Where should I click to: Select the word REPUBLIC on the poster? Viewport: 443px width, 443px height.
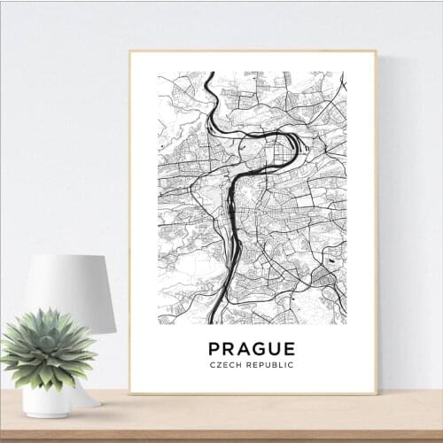pyautogui.click(x=270, y=365)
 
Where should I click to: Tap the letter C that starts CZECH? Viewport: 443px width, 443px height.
pyautogui.click(x=213, y=365)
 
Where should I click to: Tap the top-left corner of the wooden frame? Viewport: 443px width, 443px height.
pyautogui.click(x=129, y=51)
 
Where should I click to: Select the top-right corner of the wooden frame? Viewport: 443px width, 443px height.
pyautogui.click(x=377, y=51)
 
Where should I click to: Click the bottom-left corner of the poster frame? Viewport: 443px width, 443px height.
pyautogui.click(x=129, y=392)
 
